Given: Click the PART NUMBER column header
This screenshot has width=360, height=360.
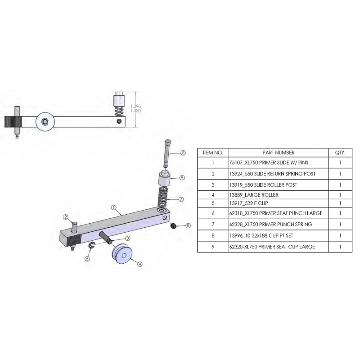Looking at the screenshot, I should click(x=278, y=153).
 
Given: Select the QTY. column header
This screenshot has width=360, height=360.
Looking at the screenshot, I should click(x=340, y=153).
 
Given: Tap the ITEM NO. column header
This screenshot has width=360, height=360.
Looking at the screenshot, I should click(x=213, y=153).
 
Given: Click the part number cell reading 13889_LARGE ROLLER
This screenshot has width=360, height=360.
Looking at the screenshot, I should click(x=254, y=194).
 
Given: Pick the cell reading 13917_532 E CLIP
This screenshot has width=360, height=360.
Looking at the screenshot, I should click(x=249, y=203).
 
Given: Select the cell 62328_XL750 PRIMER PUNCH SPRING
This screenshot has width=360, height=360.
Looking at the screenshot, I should click(x=271, y=224).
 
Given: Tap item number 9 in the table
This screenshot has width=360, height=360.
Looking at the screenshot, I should click(x=213, y=246).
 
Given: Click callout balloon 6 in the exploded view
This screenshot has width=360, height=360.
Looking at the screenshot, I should click(x=183, y=153).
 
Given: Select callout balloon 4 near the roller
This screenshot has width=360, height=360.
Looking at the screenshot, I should click(x=140, y=265).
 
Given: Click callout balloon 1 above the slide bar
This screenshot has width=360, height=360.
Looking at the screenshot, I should click(x=114, y=209).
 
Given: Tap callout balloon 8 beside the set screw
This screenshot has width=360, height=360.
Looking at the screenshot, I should click(x=188, y=225).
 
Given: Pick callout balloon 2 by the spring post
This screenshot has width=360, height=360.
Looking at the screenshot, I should click(x=65, y=217).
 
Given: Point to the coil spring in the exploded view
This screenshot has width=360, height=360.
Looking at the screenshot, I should click(x=164, y=196).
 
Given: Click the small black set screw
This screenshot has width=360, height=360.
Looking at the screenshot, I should click(x=173, y=226).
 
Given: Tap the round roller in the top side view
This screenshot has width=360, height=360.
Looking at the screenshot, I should click(x=45, y=121).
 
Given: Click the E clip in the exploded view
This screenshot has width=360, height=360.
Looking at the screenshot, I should click(x=91, y=245).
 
